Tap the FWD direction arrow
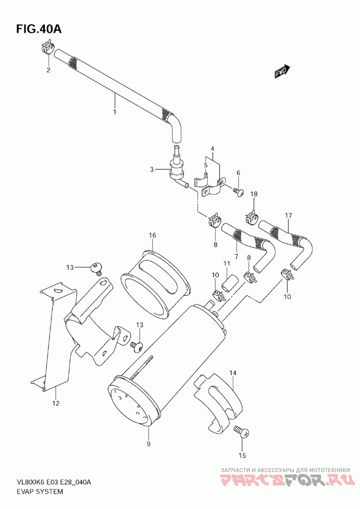[x=283, y=71]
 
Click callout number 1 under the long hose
[x=114, y=111]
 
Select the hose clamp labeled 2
[x=48, y=47]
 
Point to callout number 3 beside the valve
[x=152, y=170]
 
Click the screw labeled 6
[x=239, y=192]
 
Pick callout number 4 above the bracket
[x=212, y=149]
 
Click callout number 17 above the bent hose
[x=288, y=215]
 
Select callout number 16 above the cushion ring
[x=153, y=235]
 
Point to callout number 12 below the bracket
[x=55, y=403]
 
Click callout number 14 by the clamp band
[x=233, y=373]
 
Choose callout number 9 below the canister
[x=148, y=444]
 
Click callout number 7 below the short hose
[x=236, y=256]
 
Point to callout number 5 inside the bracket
[x=206, y=165]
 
